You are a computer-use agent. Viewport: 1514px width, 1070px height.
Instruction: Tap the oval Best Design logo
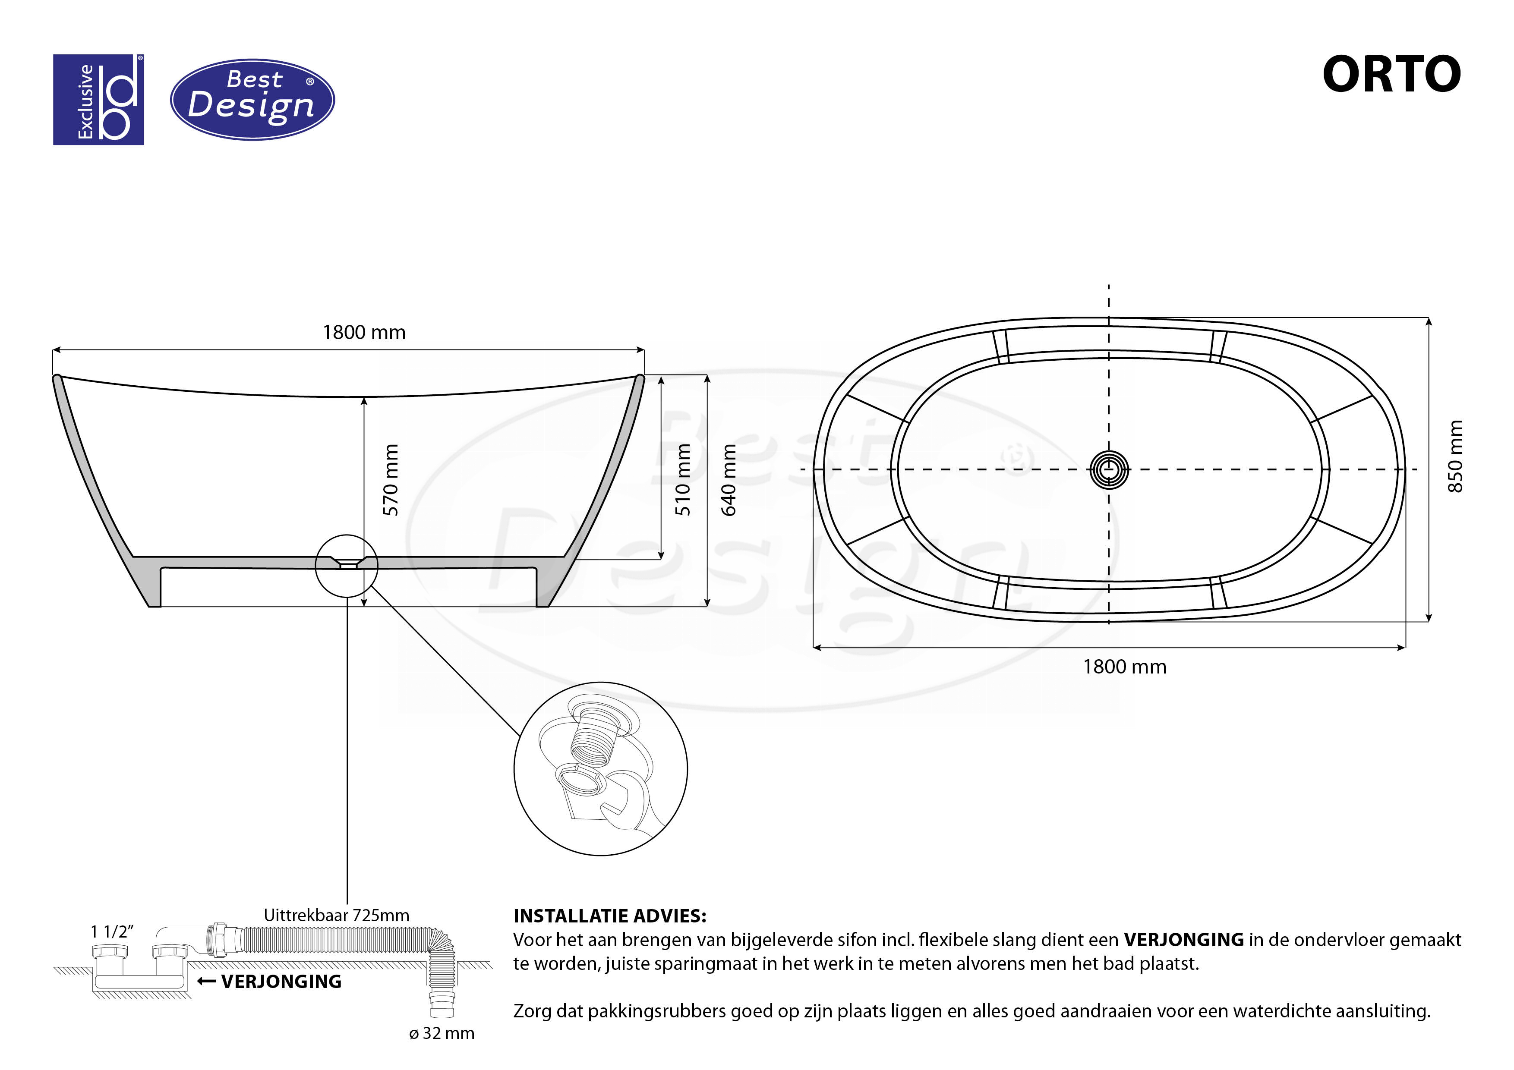click(252, 100)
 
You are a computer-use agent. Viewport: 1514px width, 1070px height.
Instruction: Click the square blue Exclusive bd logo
click(98, 100)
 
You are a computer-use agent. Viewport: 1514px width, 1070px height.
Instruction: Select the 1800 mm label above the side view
click(364, 332)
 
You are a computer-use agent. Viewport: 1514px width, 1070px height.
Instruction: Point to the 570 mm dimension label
click(391, 479)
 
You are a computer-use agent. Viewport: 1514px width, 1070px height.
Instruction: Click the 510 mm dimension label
click(683, 479)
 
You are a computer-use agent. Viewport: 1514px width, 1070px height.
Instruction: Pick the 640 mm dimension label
click(728, 479)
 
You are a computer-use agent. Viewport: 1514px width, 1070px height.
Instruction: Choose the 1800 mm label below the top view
click(1125, 667)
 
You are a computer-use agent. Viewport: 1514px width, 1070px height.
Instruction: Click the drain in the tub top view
click(1109, 469)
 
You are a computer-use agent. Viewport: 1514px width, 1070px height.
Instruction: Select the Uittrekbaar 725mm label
click(336, 915)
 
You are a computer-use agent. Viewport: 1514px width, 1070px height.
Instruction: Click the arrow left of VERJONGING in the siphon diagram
click(206, 982)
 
